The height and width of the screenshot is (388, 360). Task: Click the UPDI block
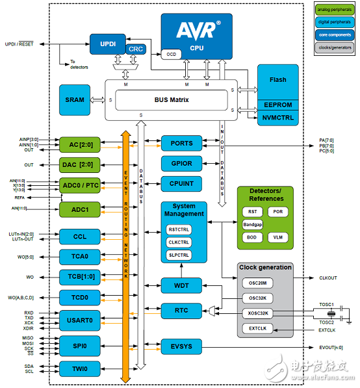coord(107,44)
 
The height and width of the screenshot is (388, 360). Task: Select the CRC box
coord(135,49)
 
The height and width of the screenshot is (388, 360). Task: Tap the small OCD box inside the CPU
coord(170,55)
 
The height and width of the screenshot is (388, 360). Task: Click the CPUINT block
coord(181,184)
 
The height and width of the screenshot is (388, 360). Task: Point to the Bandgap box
coord(252,224)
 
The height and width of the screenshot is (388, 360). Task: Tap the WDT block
coord(181,285)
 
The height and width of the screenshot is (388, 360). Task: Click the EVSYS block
coord(181,346)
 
